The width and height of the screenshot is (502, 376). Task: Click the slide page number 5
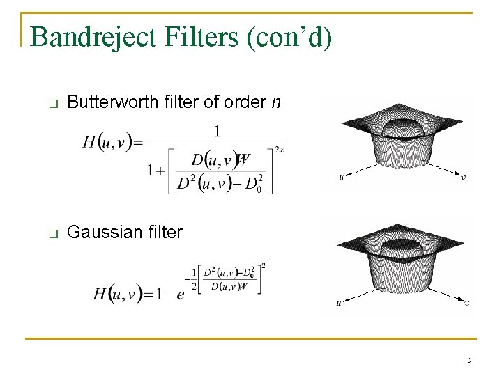(x=469, y=359)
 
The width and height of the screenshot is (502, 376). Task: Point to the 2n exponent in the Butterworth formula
(x=280, y=149)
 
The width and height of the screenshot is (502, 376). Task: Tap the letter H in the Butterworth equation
(x=89, y=143)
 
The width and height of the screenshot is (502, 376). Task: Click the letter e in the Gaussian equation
(x=181, y=295)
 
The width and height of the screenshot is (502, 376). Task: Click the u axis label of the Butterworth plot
(x=341, y=177)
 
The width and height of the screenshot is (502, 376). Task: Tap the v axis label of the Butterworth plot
(x=464, y=177)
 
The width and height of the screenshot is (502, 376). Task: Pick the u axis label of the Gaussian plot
(x=339, y=303)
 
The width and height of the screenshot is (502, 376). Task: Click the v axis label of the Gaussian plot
(x=466, y=303)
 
